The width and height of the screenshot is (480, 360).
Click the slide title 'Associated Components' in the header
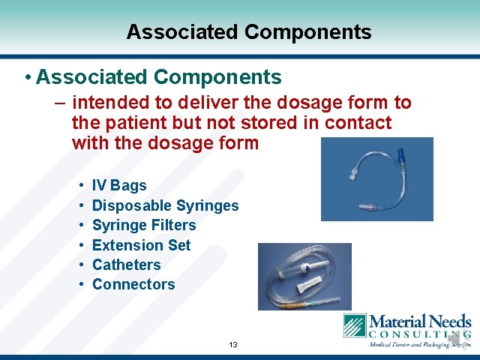[248, 32]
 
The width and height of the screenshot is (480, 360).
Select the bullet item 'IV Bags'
[119, 185]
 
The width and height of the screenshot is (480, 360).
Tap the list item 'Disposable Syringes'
[165, 205]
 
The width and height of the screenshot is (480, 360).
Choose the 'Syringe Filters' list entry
[143, 225]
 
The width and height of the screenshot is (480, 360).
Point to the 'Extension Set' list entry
[141, 245]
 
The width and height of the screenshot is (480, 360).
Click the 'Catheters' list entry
[126, 265]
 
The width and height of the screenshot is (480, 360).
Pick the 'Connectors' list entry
[133, 284]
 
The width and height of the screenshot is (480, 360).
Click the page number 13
[232, 345]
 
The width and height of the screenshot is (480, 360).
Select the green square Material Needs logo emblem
[355, 326]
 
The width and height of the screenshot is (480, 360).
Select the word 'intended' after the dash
[108, 103]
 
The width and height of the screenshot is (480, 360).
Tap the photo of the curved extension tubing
[376, 179]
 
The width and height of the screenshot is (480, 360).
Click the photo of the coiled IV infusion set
[304, 276]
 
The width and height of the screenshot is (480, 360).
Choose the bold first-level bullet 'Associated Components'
[158, 76]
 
